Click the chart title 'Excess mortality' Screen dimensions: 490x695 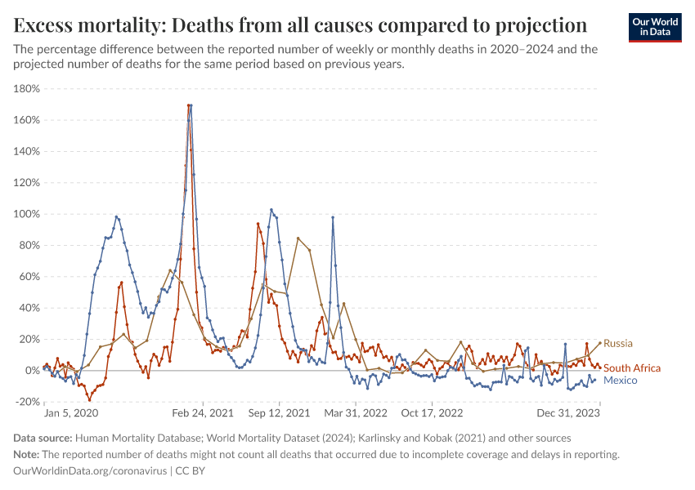300,24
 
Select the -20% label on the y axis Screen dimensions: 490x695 29,402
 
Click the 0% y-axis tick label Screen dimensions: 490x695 34,371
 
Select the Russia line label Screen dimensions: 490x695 618,343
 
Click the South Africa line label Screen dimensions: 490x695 631,368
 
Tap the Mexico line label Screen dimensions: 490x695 620,381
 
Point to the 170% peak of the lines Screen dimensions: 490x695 190,105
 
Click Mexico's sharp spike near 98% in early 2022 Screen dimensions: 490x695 333,217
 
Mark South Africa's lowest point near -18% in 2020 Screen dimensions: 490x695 90,399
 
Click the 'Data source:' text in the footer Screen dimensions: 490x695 44,439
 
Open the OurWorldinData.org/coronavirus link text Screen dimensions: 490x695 90,471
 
